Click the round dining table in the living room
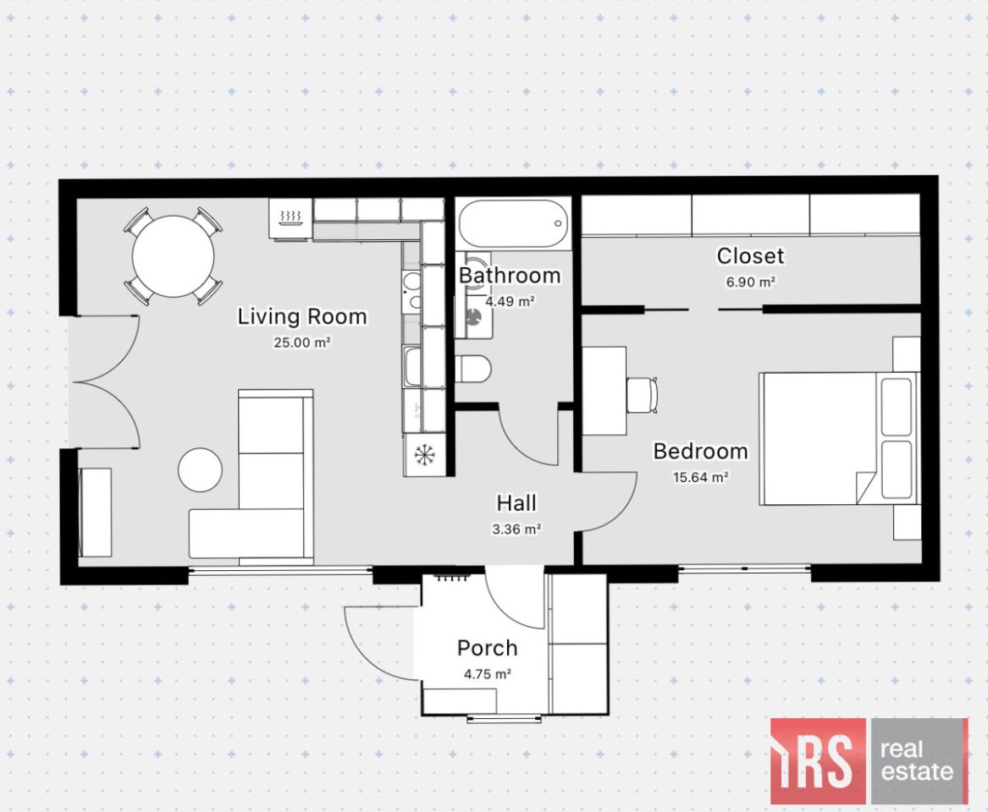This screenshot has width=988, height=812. [x=174, y=256]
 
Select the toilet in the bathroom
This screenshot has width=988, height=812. [x=473, y=368]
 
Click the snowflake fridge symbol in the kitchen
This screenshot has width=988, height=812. [x=424, y=454]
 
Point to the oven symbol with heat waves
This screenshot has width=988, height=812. [x=290, y=218]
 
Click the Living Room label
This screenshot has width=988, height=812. [x=302, y=316]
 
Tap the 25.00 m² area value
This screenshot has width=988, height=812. [x=302, y=343]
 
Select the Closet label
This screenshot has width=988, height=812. [x=750, y=255]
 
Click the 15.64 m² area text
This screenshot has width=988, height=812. [x=701, y=477]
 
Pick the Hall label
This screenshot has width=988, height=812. [x=516, y=503]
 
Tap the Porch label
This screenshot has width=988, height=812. [x=487, y=648]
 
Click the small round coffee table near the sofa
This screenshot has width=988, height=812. [x=200, y=469]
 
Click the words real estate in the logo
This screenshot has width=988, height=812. [x=917, y=760]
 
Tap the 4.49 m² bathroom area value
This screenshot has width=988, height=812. [x=510, y=301]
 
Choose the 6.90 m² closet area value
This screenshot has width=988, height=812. [x=750, y=282]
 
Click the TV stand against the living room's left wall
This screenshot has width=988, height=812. [x=95, y=512]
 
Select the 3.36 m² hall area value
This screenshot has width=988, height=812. [x=516, y=529]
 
